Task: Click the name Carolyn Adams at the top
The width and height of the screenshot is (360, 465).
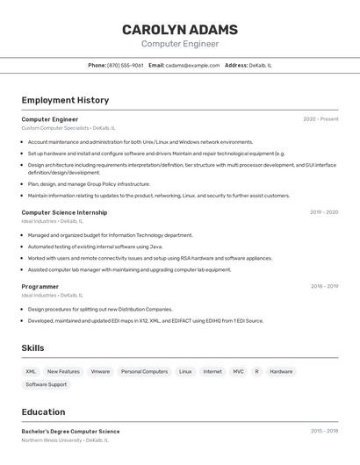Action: click(x=180, y=29)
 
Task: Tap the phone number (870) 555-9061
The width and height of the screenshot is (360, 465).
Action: click(x=126, y=65)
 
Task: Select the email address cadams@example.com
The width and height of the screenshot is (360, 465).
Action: click(x=192, y=65)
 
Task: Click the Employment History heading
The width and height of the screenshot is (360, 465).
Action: click(x=65, y=100)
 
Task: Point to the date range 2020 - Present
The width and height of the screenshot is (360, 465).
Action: click(x=320, y=119)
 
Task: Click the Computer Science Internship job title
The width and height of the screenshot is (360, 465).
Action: click(x=64, y=212)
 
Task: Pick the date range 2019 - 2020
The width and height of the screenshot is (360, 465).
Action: click(x=324, y=212)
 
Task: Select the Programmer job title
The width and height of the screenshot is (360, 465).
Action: click(x=40, y=286)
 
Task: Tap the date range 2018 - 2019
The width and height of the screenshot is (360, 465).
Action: click(x=324, y=286)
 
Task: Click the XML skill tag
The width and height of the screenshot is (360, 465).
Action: click(x=31, y=371)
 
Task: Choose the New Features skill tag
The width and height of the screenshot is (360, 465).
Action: click(x=63, y=371)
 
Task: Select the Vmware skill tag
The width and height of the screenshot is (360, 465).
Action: click(x=100, y=371)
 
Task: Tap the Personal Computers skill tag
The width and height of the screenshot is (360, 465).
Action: click(x=144, y=371)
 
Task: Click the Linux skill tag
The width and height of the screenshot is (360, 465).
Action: click(x=185, y=371)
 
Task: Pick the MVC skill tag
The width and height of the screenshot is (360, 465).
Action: click(x=238, y=371)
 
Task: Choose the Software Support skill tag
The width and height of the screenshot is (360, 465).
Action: click(x=46, y=384)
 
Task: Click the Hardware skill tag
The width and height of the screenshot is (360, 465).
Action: click(x=281, y=371)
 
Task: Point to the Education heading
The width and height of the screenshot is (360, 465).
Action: click(x=43, y=411)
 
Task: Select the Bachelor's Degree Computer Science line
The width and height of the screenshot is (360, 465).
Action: click(x=70, y=431)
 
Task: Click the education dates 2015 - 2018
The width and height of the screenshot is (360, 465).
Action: click(x=324, y=431)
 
